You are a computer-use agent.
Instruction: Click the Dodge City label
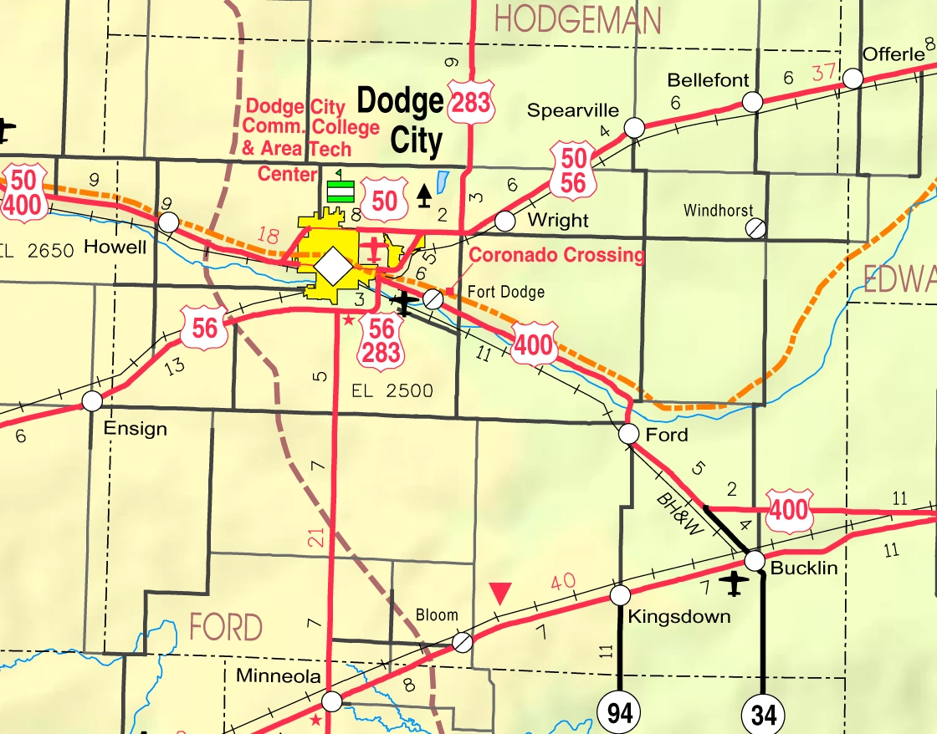(402, 120)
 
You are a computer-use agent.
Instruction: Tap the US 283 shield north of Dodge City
(469, 103)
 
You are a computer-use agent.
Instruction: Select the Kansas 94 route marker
(619, 713)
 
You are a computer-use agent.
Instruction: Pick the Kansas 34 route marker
(763, 715)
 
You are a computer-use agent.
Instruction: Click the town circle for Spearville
(634, 127)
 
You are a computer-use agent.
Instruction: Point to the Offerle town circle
(853, 79)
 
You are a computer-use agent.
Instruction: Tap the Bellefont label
(708, 81)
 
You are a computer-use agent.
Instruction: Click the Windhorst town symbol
(756, 227)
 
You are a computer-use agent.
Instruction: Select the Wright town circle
(504, 221)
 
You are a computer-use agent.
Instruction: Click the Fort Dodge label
(505, 292)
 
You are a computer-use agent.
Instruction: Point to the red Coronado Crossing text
(557, 255)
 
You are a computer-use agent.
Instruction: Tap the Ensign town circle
(92, 400)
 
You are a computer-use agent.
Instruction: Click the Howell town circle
(169, 222)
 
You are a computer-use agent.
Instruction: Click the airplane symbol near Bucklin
(735, 583)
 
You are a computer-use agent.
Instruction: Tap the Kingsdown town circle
(619, 595)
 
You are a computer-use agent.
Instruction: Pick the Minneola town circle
(332, 700)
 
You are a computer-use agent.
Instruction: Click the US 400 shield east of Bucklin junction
(789, 510)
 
